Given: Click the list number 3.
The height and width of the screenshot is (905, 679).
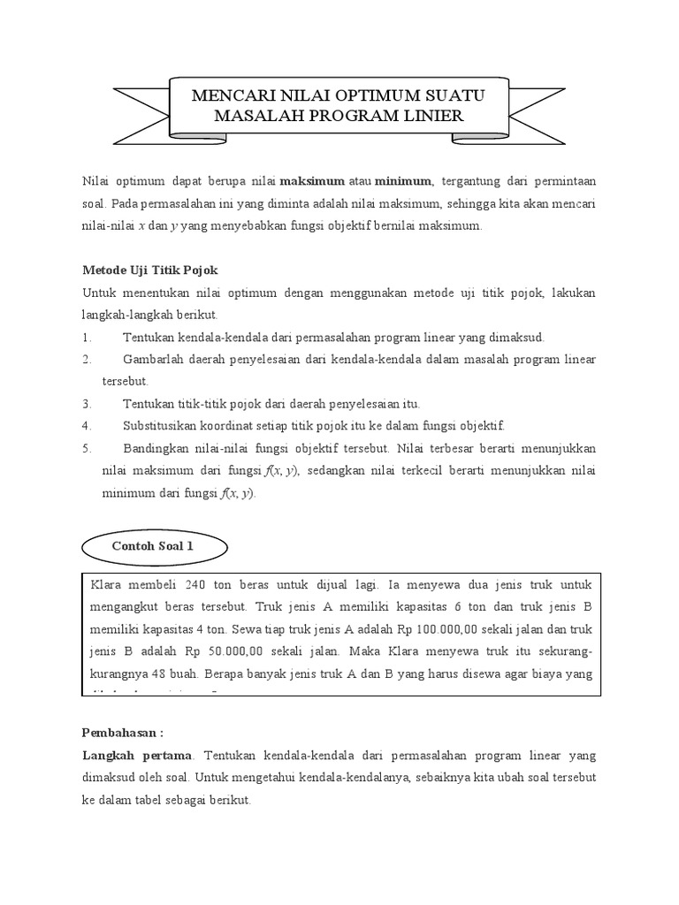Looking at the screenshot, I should (87, 403).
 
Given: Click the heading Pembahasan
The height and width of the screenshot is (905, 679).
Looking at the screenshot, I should (123, 734).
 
